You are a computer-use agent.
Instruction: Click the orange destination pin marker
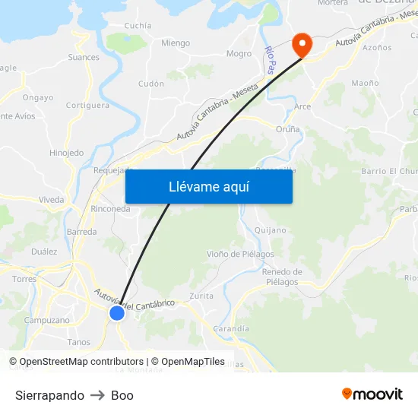coord(302,45)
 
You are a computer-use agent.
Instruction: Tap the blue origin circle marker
coord(117,313)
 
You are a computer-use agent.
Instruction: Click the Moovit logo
coord(372,394)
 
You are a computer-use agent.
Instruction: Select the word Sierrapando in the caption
coord(49,395)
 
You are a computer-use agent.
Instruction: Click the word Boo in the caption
coord(122,395)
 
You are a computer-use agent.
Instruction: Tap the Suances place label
coord(84,57)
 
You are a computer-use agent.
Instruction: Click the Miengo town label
coord(176,43)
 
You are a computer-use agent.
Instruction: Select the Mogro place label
coord(239,54)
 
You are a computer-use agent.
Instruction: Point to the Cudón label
coord(151,84)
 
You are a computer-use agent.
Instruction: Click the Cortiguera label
coord(87,106)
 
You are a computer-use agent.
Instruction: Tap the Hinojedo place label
coord(66,153)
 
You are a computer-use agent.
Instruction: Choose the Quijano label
coord(271,230)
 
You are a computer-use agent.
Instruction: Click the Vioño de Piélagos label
coord(240,254)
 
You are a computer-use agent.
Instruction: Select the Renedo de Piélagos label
coord(282,277)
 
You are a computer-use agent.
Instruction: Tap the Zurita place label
coord(201,296)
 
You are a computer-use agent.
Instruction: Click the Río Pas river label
coord(270,60)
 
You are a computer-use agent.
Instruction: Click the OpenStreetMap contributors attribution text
coord(75,362)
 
